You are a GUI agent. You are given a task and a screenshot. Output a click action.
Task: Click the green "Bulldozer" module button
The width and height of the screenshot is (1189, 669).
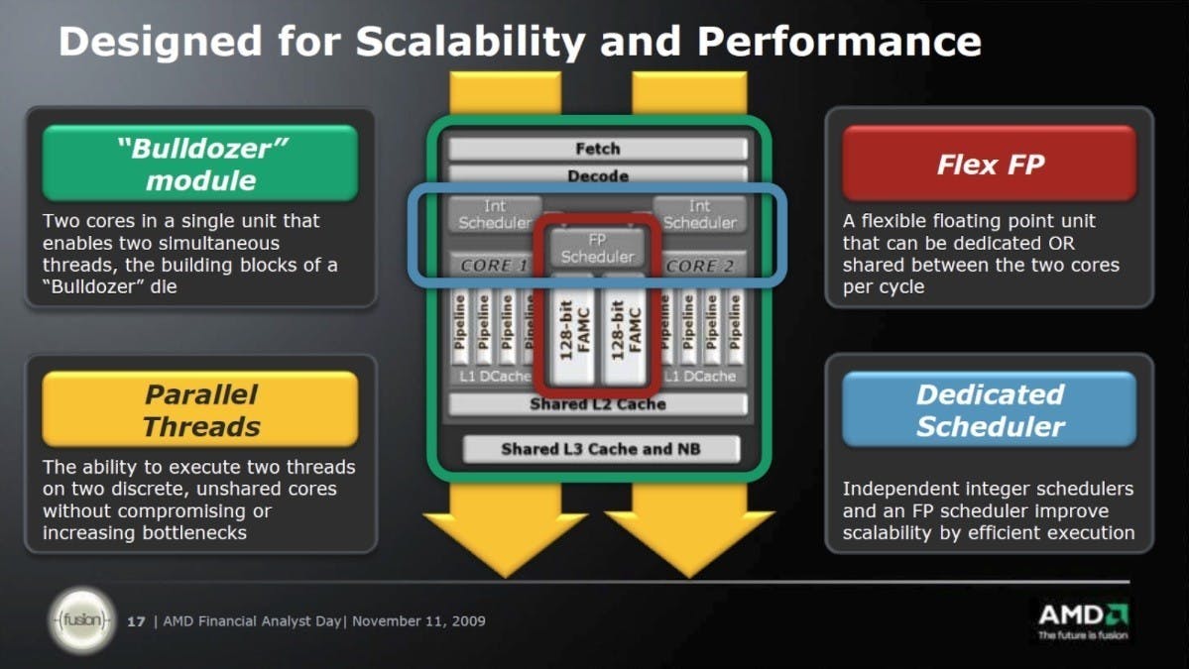coord(200,164)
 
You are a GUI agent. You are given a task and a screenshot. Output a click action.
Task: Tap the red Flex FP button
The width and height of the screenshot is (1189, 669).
coord(990,164)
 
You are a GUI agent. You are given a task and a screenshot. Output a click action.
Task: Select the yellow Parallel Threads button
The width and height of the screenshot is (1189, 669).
coord(200,409)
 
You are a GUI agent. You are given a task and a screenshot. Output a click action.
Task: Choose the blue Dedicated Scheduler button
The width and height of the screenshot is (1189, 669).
coord(990,409)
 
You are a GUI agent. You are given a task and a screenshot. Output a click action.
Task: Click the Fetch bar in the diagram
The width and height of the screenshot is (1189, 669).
coord(598,149)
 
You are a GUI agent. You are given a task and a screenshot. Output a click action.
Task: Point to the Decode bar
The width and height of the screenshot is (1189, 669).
coord(598,175)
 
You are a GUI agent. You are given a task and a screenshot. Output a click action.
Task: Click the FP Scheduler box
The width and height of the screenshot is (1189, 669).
coord(598,248)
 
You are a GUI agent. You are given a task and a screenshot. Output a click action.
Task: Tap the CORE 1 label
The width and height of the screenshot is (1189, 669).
coord(493,266)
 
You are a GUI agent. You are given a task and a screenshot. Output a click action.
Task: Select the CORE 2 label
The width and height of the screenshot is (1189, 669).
coord(700,266)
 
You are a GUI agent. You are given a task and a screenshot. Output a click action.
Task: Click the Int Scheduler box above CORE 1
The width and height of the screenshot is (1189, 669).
coord(495,214)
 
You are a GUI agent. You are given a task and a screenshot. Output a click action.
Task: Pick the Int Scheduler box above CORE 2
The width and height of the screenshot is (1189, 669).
coord(700,214)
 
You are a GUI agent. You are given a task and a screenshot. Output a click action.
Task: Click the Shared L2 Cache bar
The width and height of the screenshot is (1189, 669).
coord(598,403)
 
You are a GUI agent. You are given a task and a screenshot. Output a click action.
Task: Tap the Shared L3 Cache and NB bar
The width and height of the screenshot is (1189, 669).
coord(601,449)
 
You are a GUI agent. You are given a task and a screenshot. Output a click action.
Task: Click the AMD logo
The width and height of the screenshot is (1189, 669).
coord(1083,619)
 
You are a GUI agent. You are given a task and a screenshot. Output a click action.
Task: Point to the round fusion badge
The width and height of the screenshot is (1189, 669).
coord(82,620)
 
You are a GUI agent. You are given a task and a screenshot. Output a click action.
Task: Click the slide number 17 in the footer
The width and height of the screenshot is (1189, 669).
coord(136,621)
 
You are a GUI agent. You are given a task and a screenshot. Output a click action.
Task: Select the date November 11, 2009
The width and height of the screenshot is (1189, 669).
coord(418,621)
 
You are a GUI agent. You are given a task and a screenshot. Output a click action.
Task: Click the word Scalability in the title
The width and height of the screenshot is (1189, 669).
coord(470,42)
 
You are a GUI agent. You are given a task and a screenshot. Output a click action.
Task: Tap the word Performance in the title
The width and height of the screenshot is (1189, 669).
coord(839,42)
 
